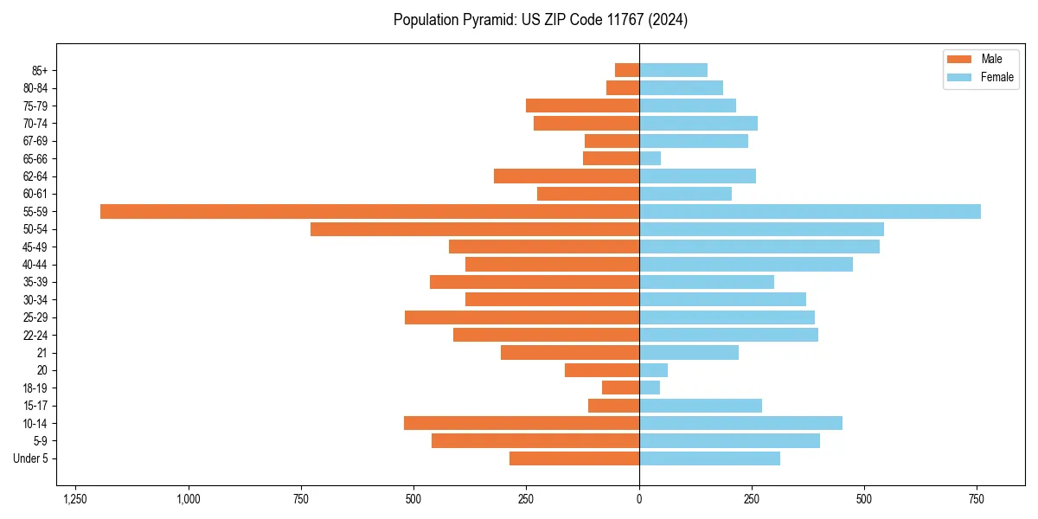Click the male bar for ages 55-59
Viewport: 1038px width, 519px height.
point(369,212)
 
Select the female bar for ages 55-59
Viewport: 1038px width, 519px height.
point(810,212)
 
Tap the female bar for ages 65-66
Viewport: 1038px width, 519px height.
point(650,158)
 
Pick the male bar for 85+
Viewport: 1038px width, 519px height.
point(627,70)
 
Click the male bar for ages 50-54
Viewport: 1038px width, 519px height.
point(475,229)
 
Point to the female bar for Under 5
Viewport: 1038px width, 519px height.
point(709,458)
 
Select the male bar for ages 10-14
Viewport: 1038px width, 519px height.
point(522,423)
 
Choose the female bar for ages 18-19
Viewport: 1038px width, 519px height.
point(650,388)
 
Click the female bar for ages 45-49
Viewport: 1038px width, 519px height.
point(759,247)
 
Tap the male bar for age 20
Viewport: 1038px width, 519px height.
point(602,370)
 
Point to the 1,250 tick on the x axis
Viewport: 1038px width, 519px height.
point(75,499)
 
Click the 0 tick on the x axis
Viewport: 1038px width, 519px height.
point(639,499)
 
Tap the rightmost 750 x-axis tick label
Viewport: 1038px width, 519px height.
point(977,499)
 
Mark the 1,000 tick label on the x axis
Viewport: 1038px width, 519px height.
point(189,499)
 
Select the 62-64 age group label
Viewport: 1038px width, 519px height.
point(35,176)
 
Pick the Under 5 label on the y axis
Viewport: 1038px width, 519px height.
point(30,458)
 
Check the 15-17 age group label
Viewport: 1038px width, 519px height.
point(35,406)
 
